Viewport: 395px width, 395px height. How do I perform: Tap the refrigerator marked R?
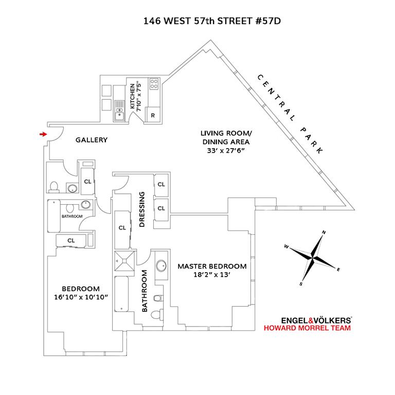[153, 115]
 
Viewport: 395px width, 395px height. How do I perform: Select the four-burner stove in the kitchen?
[153, 84]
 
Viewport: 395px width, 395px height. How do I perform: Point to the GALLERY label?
[91, 140]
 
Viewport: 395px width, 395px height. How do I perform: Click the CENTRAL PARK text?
[290, 114]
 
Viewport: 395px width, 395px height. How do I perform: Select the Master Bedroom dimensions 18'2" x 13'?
[212, 275]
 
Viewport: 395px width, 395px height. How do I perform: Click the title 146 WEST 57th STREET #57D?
[197, 22]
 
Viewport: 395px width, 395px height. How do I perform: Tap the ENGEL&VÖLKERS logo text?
[308, 319]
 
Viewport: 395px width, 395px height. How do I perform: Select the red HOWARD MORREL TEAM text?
[308, 328]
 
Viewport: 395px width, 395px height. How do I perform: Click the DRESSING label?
[142, 210]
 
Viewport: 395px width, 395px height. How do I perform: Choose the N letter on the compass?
[324, 232]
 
